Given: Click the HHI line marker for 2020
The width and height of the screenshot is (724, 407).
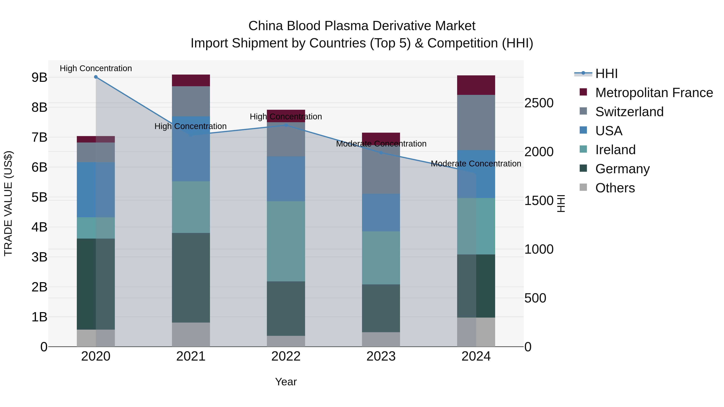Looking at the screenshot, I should coord(96,77).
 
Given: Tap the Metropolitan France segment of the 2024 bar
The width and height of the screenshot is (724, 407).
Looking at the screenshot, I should coord(476,85).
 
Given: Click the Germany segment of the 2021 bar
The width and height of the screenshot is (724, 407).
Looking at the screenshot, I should coord(191,278).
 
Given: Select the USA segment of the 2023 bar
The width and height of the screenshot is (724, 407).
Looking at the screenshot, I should coord(381,212).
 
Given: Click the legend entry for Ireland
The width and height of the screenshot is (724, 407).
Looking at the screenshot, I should coord(615,150).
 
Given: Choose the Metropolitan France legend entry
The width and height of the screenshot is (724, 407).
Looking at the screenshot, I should coord(654,93).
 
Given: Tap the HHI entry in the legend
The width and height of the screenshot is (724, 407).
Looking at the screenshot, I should coord(606,74).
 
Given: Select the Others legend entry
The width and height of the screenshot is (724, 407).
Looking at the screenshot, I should coord(615,188).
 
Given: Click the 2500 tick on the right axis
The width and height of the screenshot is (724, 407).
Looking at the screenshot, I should coord(539,103).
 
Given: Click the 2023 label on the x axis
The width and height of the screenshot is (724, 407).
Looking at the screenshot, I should coord(381,356).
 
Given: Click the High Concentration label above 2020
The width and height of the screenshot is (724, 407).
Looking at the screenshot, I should coord(96,68).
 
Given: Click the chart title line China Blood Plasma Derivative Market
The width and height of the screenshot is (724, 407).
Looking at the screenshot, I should coord(362,26).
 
